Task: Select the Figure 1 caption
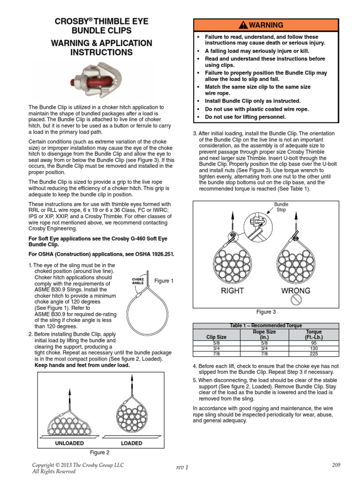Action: coord(164,281)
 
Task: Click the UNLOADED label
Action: coord(70,443)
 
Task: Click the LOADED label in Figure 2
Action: coord(132,443)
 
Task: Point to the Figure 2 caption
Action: coord(99,452)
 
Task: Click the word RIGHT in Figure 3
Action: coord(232,291)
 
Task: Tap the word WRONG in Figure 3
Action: coord(295,291)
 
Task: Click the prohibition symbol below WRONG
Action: coord(296,300)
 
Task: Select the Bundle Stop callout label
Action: coord(281,208)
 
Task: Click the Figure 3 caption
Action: coord(266,312)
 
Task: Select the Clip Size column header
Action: coord(216,337)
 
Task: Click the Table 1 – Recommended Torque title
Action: coord(266,325)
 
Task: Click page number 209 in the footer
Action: coord(336,465)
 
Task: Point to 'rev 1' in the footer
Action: coord(182,467)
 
